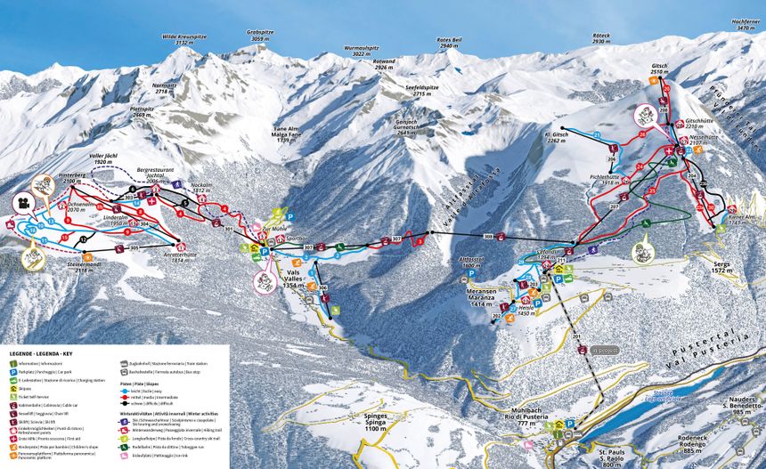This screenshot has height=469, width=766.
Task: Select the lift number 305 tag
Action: [x=134, y=248]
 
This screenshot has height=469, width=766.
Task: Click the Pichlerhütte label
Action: [x=605, y=180]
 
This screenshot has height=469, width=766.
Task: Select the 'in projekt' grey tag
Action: [x=604, y=351]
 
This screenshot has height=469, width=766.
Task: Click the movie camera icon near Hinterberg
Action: [x=20, y=204]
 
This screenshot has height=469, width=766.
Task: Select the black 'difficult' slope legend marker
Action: [x=123, y=403]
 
